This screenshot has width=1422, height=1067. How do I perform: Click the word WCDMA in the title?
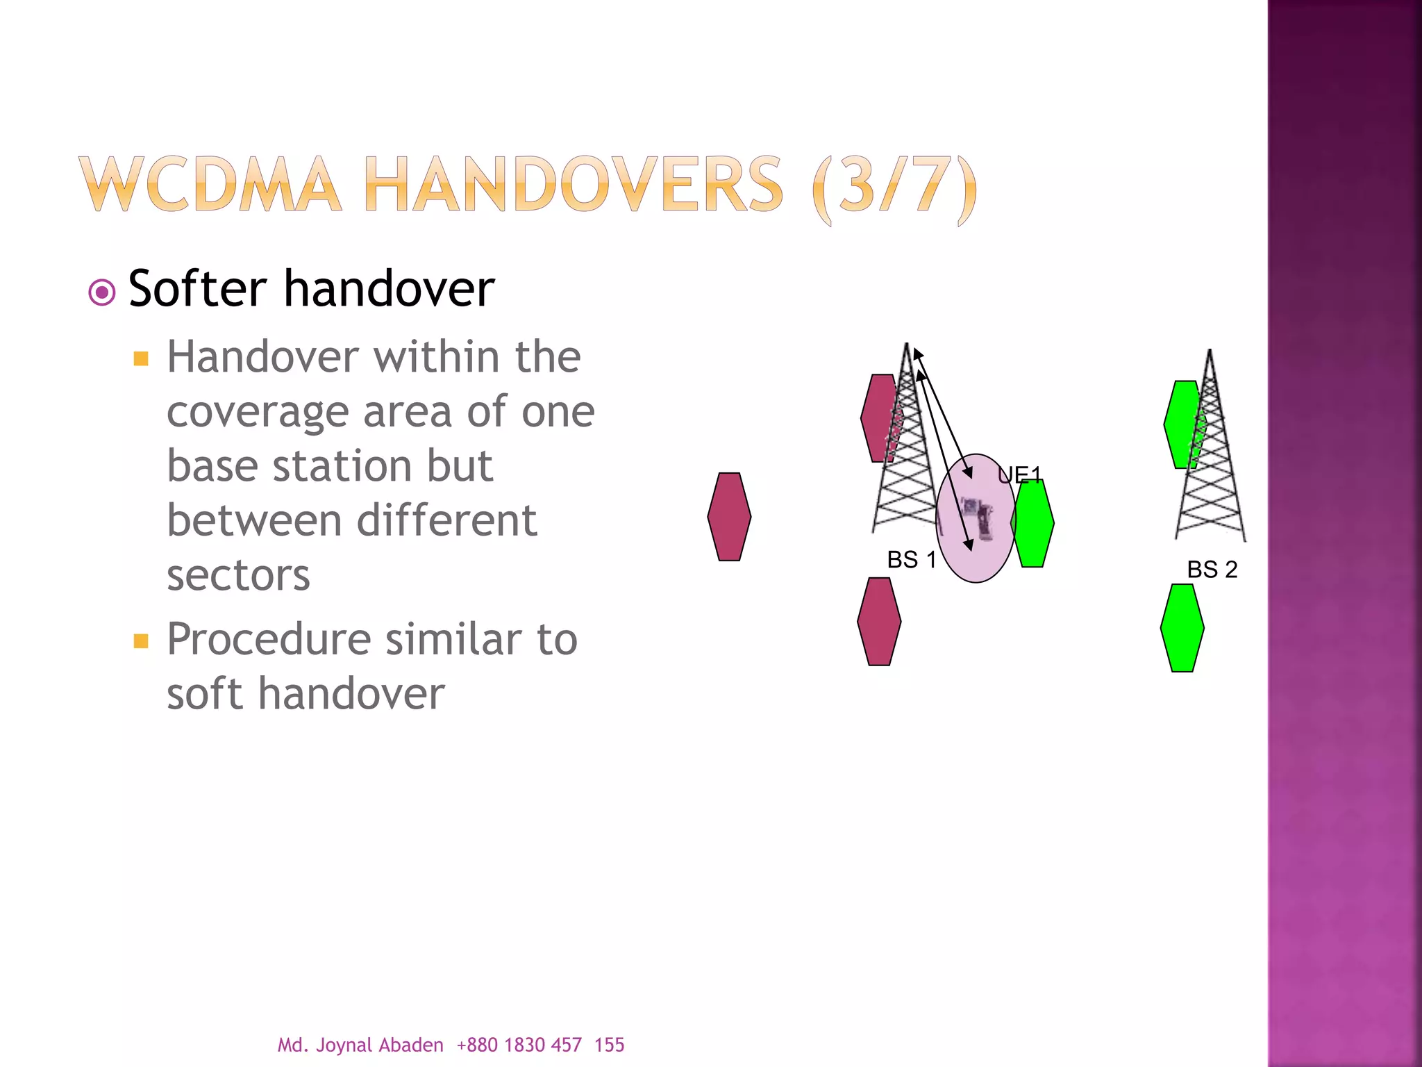(210, 184)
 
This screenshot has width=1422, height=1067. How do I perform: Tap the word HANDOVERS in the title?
(574, 184)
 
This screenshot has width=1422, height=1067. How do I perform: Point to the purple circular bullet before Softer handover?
(102, 292)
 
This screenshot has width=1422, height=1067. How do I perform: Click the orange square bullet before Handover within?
(141, 358)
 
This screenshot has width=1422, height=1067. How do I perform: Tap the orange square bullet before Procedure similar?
(141, 640)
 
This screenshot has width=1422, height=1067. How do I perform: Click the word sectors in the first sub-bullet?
(238, 575)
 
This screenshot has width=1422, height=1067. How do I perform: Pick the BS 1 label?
(912, 559)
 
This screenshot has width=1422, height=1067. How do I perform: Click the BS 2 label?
(1212, 570)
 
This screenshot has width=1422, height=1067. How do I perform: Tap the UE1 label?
(1019, 475)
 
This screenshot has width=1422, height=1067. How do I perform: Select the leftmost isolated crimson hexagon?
(729, 517)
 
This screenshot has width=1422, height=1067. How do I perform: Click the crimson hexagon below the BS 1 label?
(879, 622)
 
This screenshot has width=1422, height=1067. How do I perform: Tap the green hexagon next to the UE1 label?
(1033, 524)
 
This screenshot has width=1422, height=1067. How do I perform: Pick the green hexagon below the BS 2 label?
(1182, 628)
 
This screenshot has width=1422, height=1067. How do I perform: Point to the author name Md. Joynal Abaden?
(360, 1045)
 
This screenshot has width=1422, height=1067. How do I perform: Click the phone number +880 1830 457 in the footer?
(519, 1045)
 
